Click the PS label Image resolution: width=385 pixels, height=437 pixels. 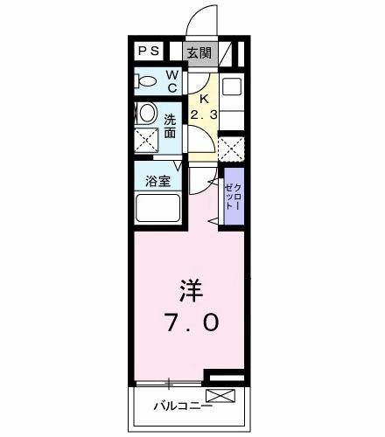(x=148, y=51)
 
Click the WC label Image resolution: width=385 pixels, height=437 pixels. (x=172, y=80)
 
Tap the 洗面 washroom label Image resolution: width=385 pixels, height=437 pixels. (x=170, y=126)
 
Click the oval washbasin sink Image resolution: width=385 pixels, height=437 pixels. (x=146, y=113)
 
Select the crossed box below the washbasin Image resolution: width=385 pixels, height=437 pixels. (x=145, y=137)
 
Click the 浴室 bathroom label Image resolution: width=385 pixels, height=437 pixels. (x=157, y=183)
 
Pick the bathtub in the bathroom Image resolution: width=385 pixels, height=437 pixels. (x=157, y=209)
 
